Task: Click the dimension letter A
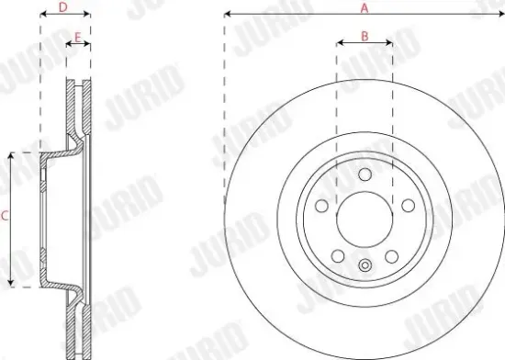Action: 365,8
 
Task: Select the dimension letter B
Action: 365,36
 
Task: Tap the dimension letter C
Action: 6,217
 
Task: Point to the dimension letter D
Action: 63,7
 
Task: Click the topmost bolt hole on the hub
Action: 365,174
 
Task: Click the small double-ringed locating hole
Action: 365,267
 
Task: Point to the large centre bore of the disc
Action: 365,222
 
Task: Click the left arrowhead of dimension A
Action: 228,15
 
